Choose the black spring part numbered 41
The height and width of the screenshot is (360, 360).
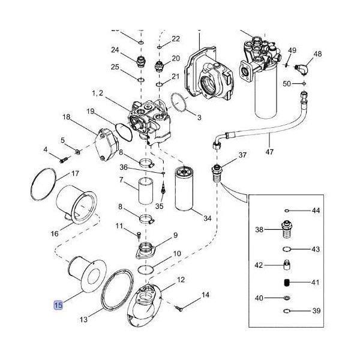click(x=287, y=283)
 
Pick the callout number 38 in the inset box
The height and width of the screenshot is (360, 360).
click(x=259, y=229)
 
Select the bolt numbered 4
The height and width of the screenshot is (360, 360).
click(x=64, y=159)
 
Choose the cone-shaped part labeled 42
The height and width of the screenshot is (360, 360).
click(x=287, y=265)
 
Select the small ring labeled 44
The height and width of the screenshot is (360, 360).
click(x=287, y=211)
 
